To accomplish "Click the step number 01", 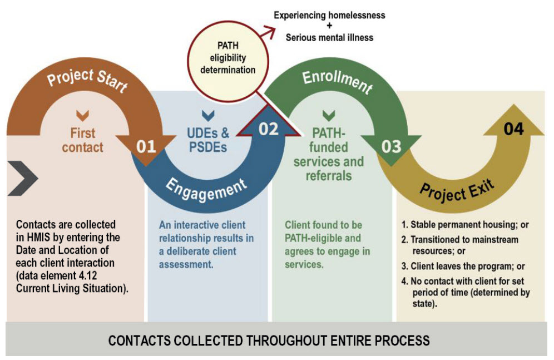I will [146, 147].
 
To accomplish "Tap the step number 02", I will [268, 129].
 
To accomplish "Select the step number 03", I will [391, 146].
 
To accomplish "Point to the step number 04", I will [513, 129].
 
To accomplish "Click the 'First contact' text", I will [82, 140].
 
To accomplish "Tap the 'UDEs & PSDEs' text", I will [209, 140].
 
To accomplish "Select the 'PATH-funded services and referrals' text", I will [328, 154].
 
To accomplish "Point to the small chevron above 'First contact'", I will [82, 116].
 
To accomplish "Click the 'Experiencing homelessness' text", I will [329, 16].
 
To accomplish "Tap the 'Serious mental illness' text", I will [329, 38].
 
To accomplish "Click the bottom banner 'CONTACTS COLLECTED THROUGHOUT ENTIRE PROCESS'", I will [269, 340].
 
